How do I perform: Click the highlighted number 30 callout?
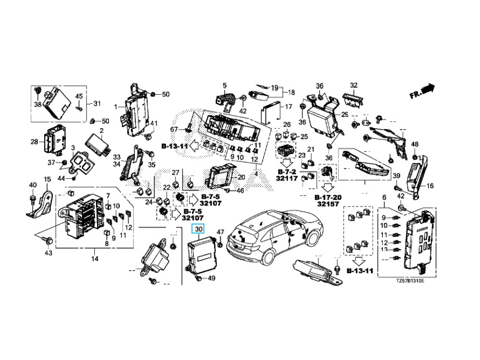point(198,229)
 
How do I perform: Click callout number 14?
point(94,259)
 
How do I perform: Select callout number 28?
point(34,142)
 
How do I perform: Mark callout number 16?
point(430,186)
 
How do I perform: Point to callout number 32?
point(354,86)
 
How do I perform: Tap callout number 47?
point(221,232)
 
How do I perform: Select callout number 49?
point(212,278)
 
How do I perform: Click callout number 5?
point(224,85)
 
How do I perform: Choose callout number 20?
point(241,177)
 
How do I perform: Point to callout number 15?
point(47,179)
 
